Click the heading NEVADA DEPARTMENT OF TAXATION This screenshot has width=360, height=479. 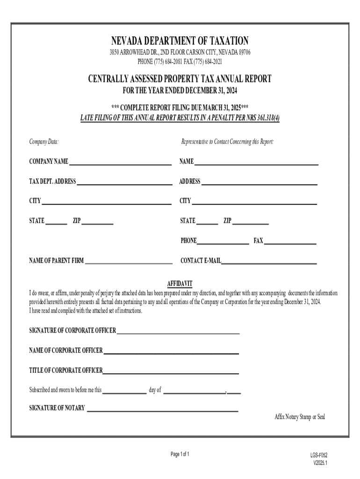point(180,41)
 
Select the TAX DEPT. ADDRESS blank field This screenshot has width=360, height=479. point(124,182)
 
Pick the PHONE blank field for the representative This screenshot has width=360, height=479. point(223,242)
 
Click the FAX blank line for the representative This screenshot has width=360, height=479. point(290,242)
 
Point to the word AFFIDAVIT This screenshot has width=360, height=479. point(180,284)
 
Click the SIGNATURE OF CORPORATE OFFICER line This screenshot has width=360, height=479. point(178,332)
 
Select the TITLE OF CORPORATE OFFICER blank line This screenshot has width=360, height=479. point(171,372)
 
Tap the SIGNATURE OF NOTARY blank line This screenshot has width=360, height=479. point(162,409)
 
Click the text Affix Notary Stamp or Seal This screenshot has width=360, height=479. point(299,417)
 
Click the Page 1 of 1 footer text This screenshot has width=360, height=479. point(180,454)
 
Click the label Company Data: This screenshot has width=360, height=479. point(43,142)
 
